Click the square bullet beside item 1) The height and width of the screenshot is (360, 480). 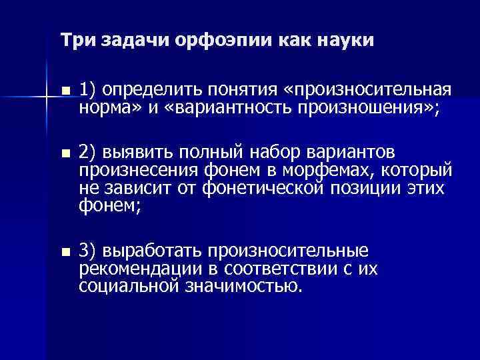[x=64, y=91]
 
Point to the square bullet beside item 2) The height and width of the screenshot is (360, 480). [x=64, y=153]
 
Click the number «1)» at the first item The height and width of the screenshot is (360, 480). [x=88, y=90]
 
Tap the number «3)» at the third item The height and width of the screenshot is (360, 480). [x=88, y=252]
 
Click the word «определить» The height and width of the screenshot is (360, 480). [x=149, y=90]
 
